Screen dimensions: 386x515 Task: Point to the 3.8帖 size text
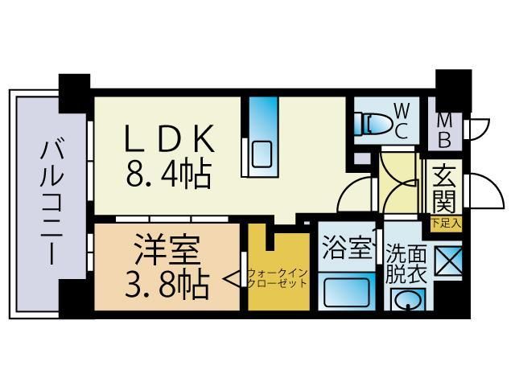pos(167,282)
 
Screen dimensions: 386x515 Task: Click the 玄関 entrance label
pos(443,187)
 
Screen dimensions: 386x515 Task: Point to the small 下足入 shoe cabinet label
pos(445,223)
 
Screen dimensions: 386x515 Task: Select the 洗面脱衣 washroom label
pos(404,261)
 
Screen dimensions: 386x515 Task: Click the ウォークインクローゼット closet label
pos(278,278)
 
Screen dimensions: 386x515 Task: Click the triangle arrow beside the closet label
pos(241,278)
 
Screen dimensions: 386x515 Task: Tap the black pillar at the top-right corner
pos(453,84)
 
